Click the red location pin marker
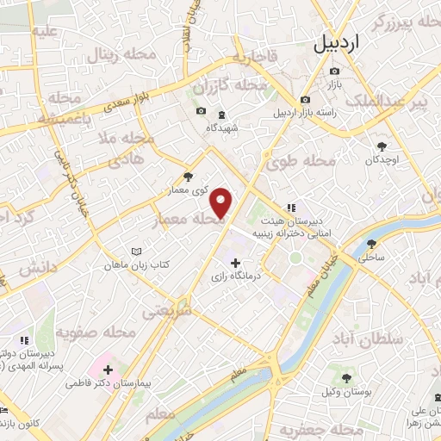coord(222,203)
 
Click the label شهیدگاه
coord(221,127)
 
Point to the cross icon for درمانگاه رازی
coord(234,263)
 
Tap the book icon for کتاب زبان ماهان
coord(134,252)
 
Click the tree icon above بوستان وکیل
coord(346,378)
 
